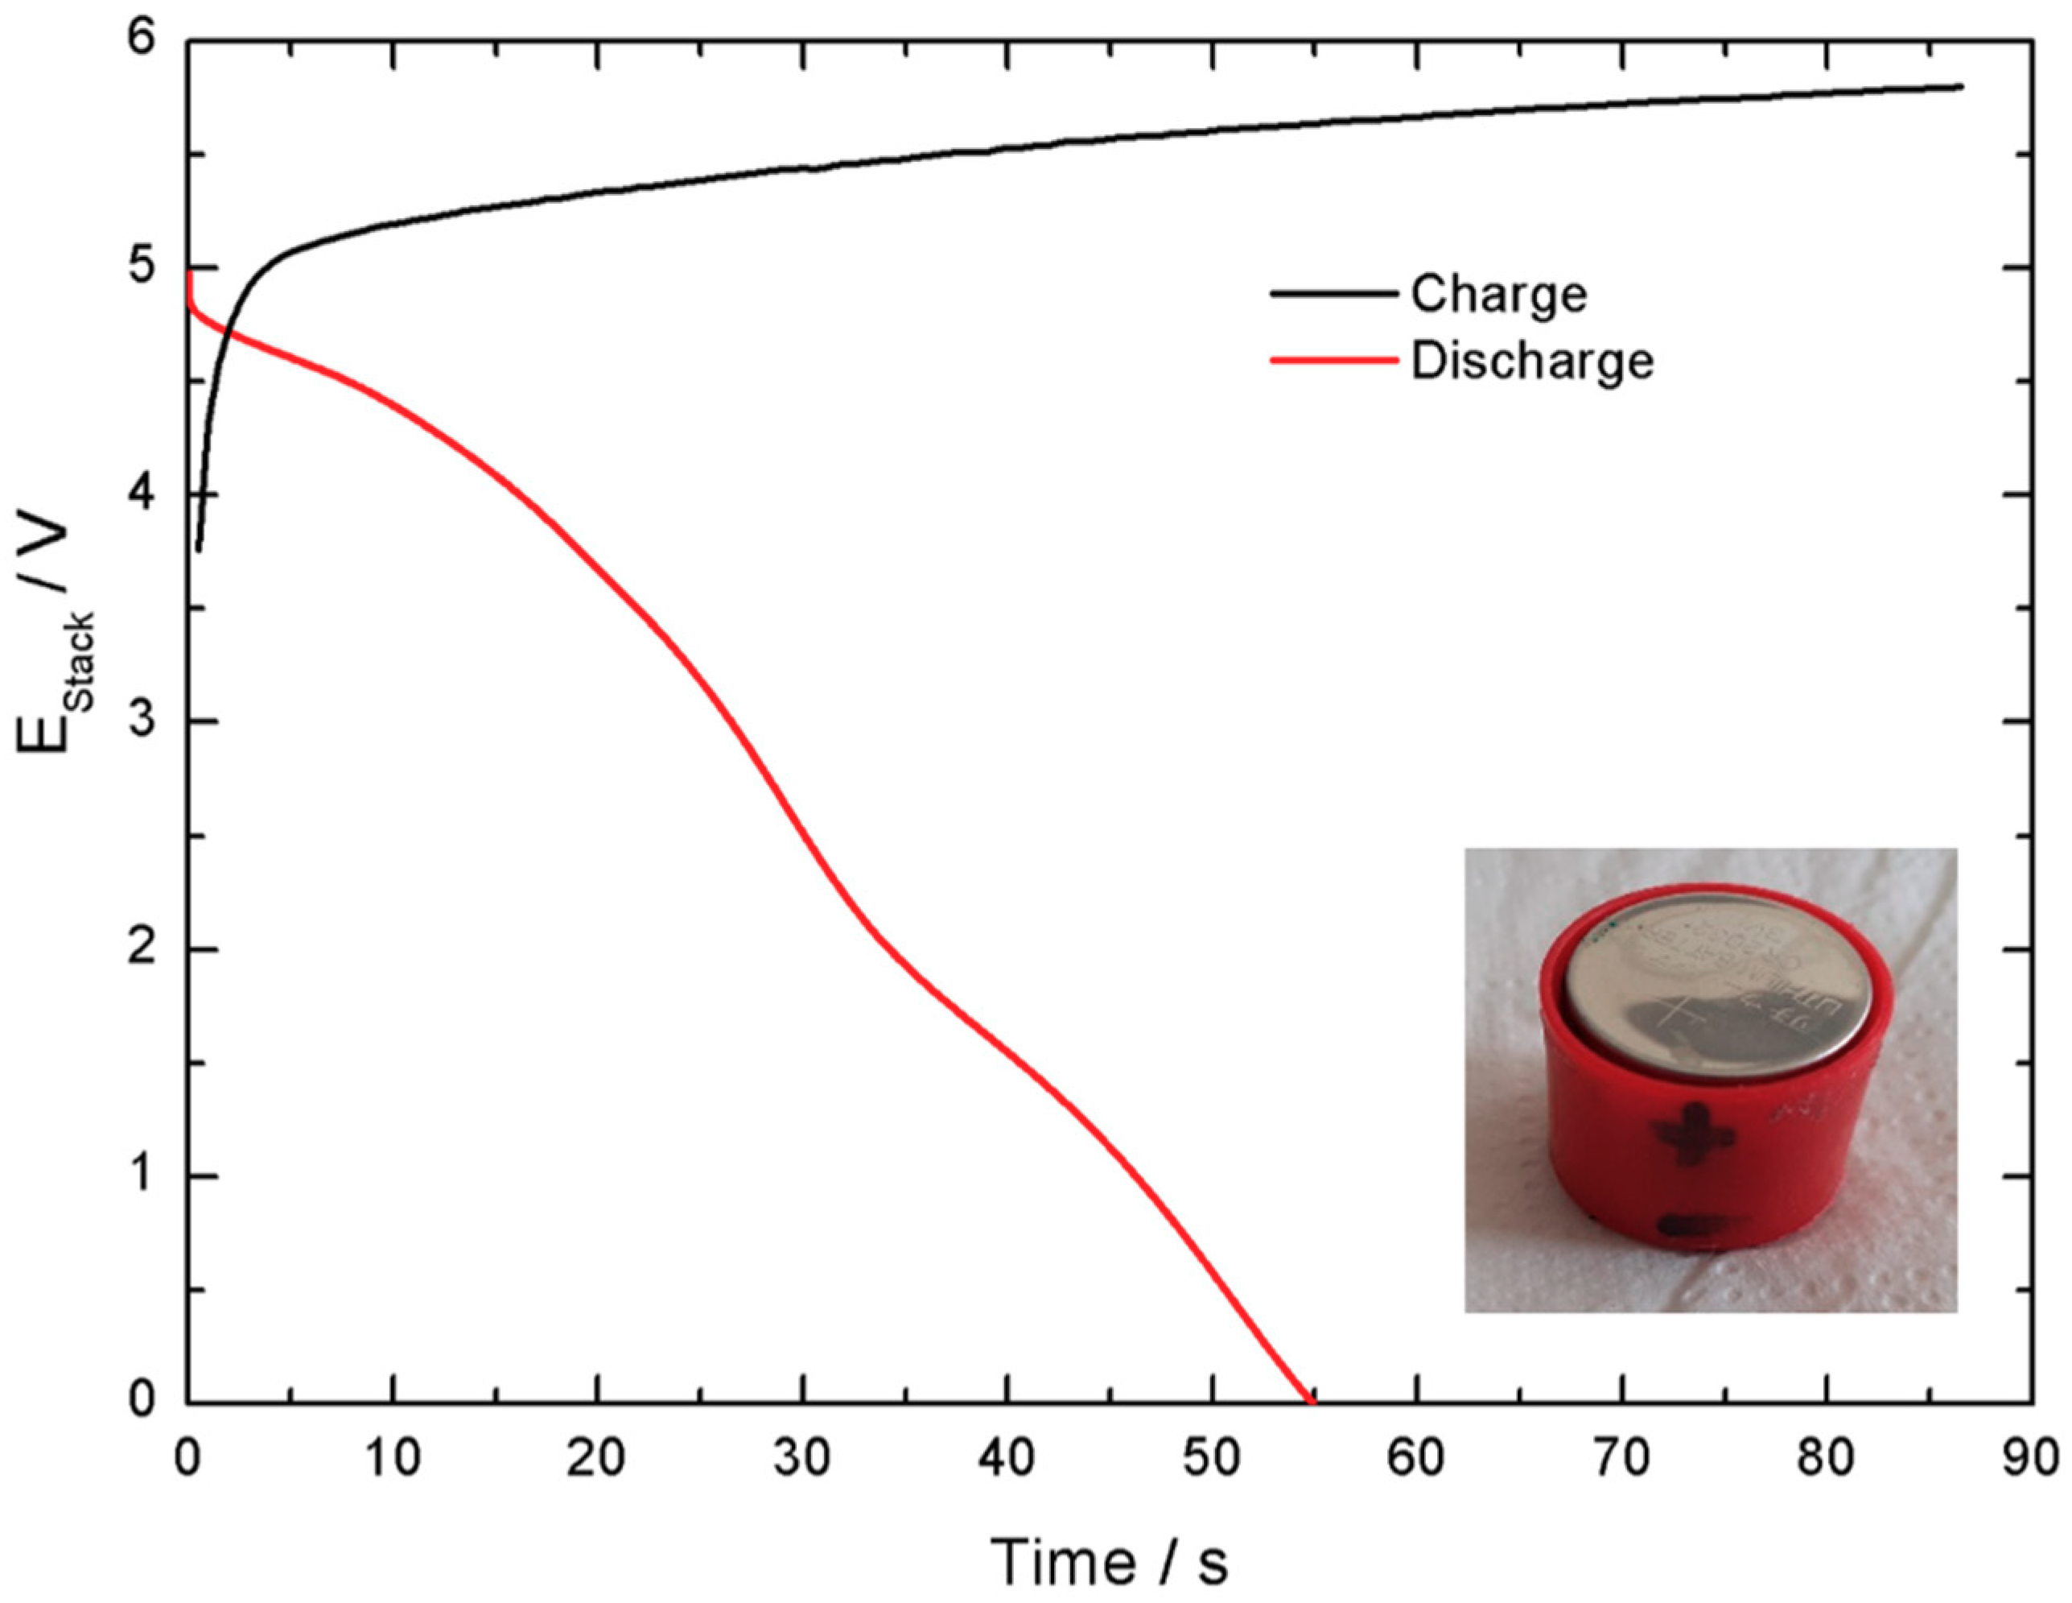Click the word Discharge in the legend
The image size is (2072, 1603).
(x=1531, y=362)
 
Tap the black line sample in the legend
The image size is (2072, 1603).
(x=1334, y=293)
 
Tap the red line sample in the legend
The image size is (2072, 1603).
(x=1334, y=361)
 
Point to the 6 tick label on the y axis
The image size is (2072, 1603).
(x=142, y=43)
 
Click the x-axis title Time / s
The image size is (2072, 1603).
(x=1109, y=1562)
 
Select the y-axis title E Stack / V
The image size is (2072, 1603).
(x=57, y=636)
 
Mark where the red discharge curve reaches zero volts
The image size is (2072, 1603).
(x=1312, y=1401)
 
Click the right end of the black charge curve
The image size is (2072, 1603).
(x=1960, y=86)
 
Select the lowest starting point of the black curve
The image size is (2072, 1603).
(x=198, y=550)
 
